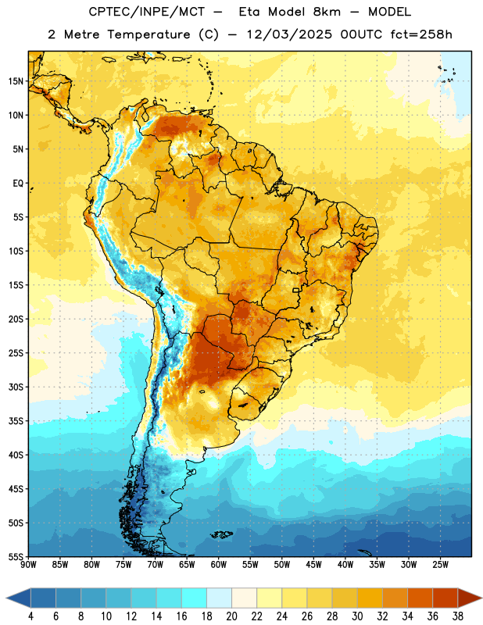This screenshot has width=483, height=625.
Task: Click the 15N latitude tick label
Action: click(x=16, y=81)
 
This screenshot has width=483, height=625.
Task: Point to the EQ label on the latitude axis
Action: click(x=18, y=184)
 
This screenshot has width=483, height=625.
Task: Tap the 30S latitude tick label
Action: click(x=16, y=387)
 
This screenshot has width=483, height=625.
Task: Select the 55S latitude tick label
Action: click(x=16, y=557)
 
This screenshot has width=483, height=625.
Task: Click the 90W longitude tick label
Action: click(x=29, y=565)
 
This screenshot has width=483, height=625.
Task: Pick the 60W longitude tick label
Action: click(x=219, y=565)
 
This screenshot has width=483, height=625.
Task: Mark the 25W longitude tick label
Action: click(x=440, y=565)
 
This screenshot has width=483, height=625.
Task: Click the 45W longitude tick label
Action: click(x=313, y=565)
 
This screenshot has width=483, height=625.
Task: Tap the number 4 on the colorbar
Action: click(x=30, y=616)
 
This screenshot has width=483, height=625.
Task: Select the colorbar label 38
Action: click(x=458, y=616)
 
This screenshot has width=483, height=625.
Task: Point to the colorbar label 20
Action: click(x=231, y=616)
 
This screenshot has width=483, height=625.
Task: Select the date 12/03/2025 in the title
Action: click(x=288, y=34)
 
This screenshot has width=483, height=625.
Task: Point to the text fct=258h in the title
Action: click(x=421, y=34)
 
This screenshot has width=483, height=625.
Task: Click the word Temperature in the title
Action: click(x=148, y=34)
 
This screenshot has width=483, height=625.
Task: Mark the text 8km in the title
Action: click(x=327, y=12)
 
